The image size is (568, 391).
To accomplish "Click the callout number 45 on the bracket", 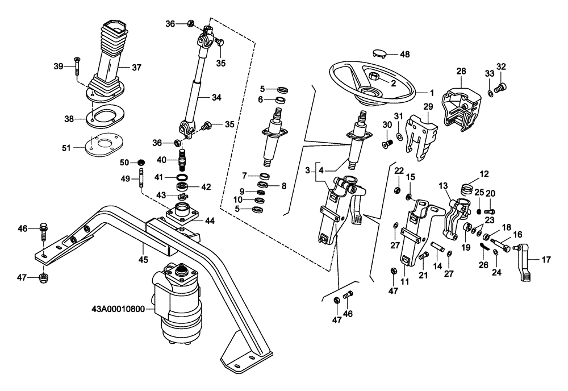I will click(x=143, y=260).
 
